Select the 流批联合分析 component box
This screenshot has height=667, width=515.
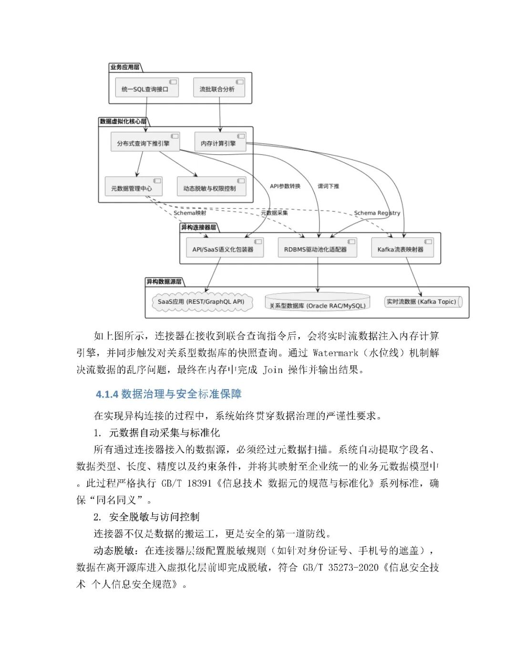(x=218, y=88)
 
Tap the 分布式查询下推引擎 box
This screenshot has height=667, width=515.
(x=145, y=142)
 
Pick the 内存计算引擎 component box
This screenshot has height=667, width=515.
(x=220, y=142)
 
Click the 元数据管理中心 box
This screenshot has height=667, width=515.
(x=133, y=187)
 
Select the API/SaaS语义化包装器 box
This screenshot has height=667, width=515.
(x=224, y=248)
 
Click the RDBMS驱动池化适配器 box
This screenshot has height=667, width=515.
(x=317, y=248)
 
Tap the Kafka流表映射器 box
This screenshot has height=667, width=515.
(x=402, y=248)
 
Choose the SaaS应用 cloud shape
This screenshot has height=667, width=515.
(x=202, y=302)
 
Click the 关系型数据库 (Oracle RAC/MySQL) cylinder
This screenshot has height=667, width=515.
(x=318, y=304)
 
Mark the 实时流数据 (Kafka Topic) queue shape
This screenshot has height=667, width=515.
(x=422, y=302)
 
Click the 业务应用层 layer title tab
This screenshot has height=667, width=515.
(x=125, y=67)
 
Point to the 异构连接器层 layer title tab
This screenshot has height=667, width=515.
(x=199, y=227)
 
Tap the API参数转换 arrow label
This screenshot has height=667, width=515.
(x=285, y=186)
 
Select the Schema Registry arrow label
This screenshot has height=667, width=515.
(x=377, y=213)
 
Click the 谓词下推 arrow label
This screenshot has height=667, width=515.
(x=329, y=186)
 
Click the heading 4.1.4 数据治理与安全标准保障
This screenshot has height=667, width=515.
(x=169, y=394)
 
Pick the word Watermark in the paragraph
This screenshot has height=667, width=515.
(x=335, y=353)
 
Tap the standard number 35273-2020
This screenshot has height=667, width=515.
(x=353, y=567)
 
